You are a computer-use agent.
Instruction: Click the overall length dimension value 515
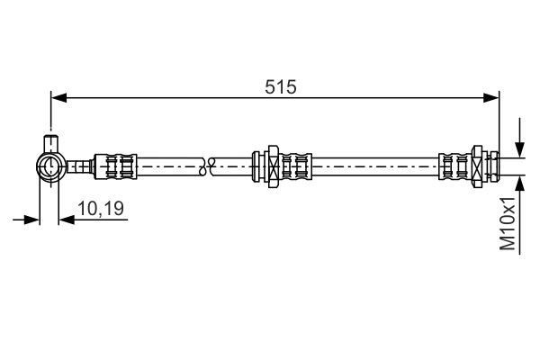click(x=281, y=86)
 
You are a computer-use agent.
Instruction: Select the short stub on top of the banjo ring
click(x=50, y=142)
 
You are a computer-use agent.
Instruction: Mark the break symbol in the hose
click(x=207, y=165)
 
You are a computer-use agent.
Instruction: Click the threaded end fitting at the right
click(x=491, y=165)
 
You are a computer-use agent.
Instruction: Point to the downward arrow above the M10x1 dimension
click(x=520, y=149)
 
